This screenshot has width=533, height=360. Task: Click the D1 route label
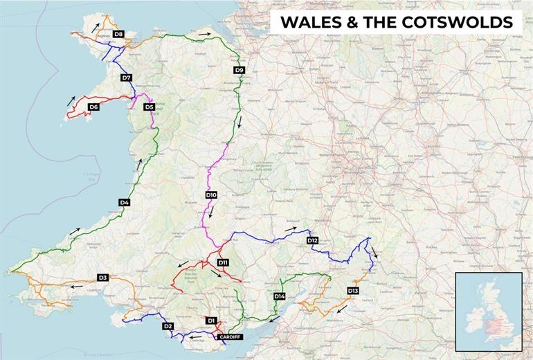coord(212,321)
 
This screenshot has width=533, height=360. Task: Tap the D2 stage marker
coord(168,326)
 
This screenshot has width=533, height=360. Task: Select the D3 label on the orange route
coord(102,278)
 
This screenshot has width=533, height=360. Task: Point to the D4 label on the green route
coord(125,202)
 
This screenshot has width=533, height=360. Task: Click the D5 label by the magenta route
coord(149,107)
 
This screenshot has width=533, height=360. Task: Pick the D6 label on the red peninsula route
coord(93,107)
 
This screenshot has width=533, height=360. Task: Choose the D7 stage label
coord(126,78)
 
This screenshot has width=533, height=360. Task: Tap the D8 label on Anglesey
coord(118,34)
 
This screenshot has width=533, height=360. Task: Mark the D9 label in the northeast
coord(239,70)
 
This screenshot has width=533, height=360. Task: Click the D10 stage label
coord(211,195)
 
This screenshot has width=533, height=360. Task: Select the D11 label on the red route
coord(223,263)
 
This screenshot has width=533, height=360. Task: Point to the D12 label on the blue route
coord(312,240)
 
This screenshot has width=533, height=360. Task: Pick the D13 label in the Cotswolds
coord(353,290)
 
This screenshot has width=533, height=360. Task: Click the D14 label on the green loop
coord(279,296)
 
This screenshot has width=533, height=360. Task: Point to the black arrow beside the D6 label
coord(71,100)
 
